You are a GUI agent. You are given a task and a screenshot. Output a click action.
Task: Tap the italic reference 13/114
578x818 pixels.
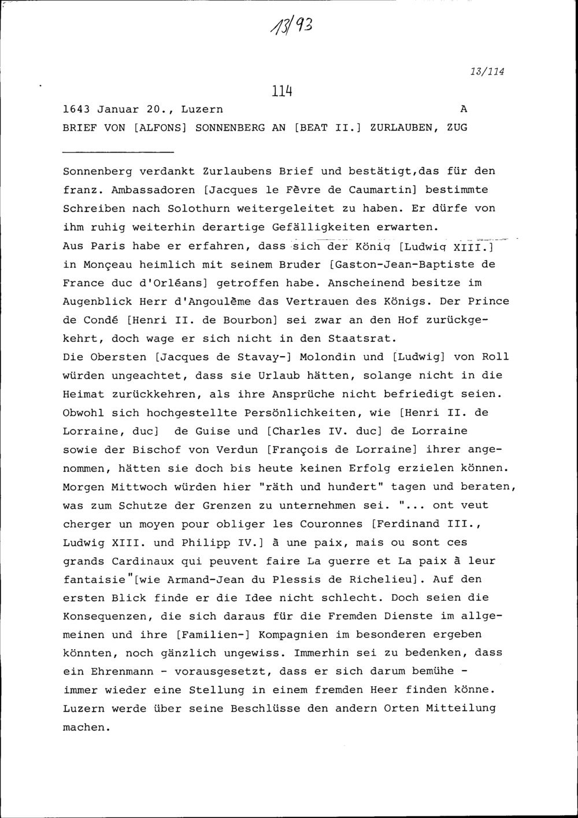pyautogui.click(x=487, y=72)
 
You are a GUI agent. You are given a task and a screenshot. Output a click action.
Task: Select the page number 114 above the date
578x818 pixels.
pyautogui.click(x=280, y=91)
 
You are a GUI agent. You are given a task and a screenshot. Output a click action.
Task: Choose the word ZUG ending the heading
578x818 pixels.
pyautogui.click(x=457, y=128)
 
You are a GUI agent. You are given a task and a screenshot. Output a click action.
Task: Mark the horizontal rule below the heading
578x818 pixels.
pyautogui.click(x=118, y=152)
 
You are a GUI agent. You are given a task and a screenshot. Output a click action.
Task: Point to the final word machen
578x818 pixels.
pyautogui.click(x=84, y=727)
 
